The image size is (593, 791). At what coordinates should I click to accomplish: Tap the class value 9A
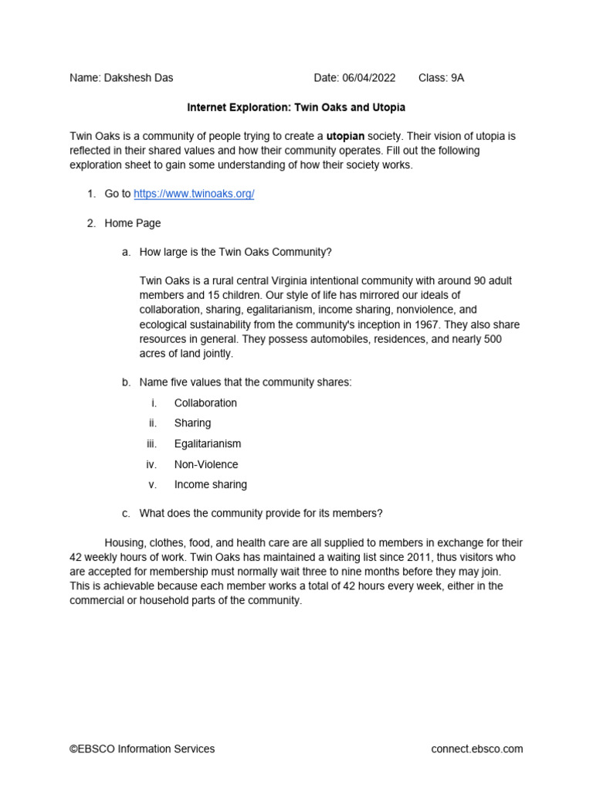coord(456,78)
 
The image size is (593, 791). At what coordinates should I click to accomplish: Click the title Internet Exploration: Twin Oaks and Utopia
coord(296,107)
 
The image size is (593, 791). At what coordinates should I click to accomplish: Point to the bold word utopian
coord(345,136)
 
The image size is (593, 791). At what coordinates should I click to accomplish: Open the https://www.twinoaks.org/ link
coord(194,194)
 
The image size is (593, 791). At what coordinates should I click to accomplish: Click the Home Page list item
coord(133,223)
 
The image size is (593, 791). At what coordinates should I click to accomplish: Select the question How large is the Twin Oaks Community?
coord(236,253)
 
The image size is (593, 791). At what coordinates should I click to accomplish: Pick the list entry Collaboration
coord(205,402)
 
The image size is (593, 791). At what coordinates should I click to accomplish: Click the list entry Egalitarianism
coord(208,443)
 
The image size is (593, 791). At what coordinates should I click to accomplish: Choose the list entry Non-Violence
coord(206,464)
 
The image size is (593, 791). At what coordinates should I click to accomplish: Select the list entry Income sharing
coord(211,484)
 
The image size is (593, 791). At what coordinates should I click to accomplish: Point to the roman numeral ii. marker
coord(153,423)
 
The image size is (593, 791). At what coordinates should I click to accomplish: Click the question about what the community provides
coord(261,513)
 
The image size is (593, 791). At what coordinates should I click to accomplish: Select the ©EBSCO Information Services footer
coord(142,749)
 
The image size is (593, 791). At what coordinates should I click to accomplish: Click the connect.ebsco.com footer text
coord(476,749)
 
